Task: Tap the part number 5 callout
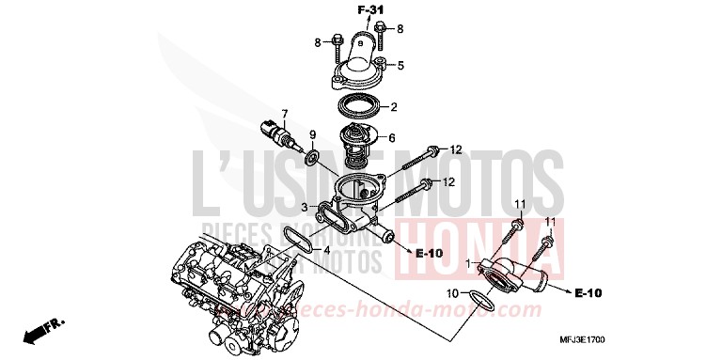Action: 400,65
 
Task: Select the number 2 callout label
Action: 395,106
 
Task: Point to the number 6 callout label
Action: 391,138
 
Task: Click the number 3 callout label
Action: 304,206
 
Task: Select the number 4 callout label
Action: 326,251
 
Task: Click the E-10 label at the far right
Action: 588,294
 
